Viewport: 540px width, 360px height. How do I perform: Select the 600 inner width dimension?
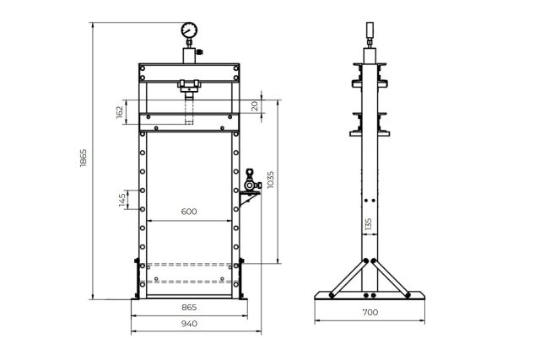click(x=189, y=212)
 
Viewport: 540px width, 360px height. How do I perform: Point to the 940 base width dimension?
click(x=189, y=325)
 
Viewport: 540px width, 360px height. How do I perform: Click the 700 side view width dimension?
click(x=370, y=312)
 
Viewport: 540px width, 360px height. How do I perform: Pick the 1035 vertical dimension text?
click(x=270, y=180)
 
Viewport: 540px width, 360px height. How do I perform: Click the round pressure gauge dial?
click(x=188, y=30)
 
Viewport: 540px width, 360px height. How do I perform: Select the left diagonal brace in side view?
click(x=348, y=277)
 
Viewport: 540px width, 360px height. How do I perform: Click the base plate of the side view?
click(x=369, y=297)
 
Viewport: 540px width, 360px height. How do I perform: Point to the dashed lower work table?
click(x=189, y=271)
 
